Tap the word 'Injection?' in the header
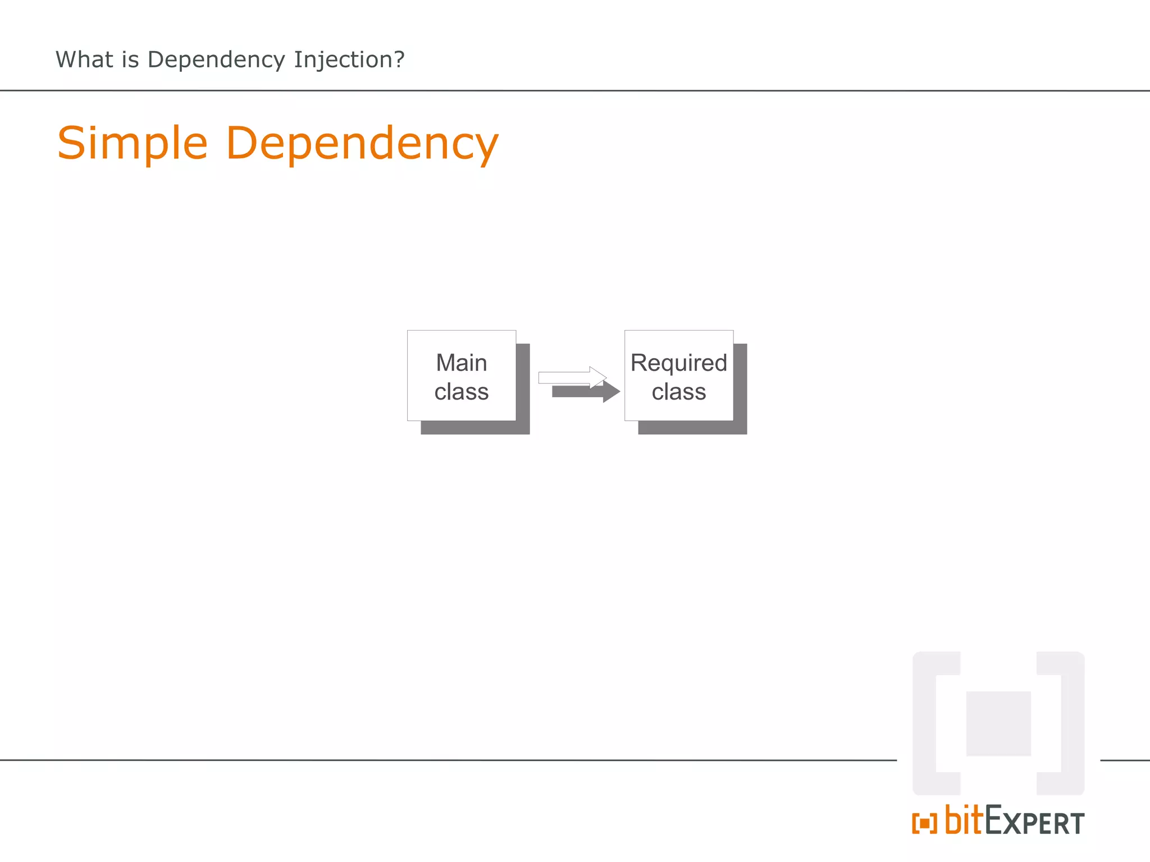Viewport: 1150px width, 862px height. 349,59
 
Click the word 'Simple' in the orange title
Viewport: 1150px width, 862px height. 133,144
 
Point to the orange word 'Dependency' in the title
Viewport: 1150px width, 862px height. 362,144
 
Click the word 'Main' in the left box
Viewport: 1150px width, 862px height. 462,363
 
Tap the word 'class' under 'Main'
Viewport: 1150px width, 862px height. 462,392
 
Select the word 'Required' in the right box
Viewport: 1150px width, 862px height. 678,363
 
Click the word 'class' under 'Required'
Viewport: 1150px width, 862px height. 678,392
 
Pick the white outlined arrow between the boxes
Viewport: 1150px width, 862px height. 570,377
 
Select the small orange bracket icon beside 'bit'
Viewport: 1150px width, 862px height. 924,823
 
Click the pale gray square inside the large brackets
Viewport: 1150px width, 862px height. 998,723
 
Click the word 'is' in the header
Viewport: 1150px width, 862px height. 130,59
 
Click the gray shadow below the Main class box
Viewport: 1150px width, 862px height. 475,428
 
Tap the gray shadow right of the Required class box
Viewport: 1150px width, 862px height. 740,387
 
